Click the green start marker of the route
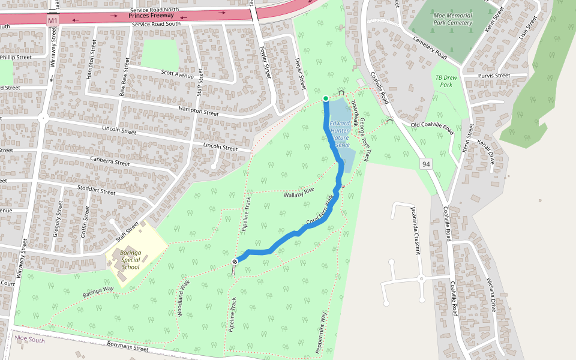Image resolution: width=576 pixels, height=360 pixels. coord(325,98)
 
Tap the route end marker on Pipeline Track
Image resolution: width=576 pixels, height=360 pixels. coord(235,261)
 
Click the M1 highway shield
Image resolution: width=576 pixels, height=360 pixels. coord(53,20)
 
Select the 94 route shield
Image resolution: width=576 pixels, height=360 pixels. coord(426,164)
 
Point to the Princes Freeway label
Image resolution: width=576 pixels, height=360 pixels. coord(151,15)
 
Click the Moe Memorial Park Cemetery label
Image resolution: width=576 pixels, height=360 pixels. coord(452,19)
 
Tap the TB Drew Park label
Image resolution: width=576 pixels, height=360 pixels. coord(444,81)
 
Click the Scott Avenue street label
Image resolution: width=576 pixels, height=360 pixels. coord(177,75)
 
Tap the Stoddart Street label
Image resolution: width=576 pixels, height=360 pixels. coord(96,191)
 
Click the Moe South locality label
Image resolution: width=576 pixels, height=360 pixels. coord(29,340)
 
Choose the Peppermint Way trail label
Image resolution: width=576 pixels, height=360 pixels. coord(322,332)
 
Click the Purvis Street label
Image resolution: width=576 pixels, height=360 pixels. coord(494,76)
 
